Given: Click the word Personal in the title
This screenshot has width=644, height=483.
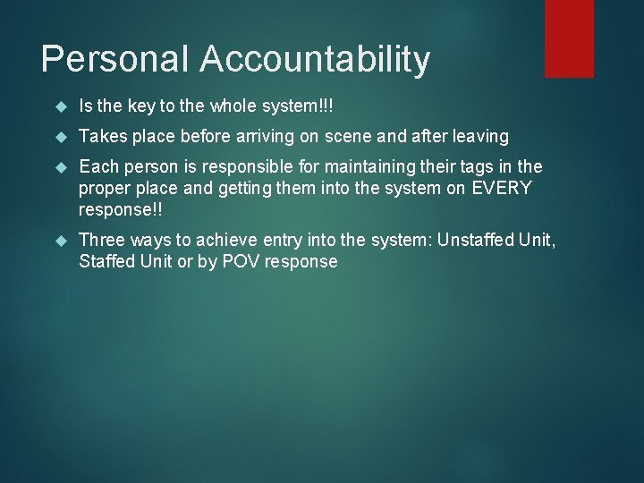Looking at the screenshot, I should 114,60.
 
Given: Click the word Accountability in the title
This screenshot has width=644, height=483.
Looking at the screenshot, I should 314,60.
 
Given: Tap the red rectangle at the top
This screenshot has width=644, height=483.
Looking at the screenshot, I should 570,38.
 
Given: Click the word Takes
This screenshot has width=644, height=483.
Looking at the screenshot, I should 101,137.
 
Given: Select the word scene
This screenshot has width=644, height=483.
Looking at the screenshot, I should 356,137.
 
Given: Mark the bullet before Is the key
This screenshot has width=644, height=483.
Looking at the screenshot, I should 61,107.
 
